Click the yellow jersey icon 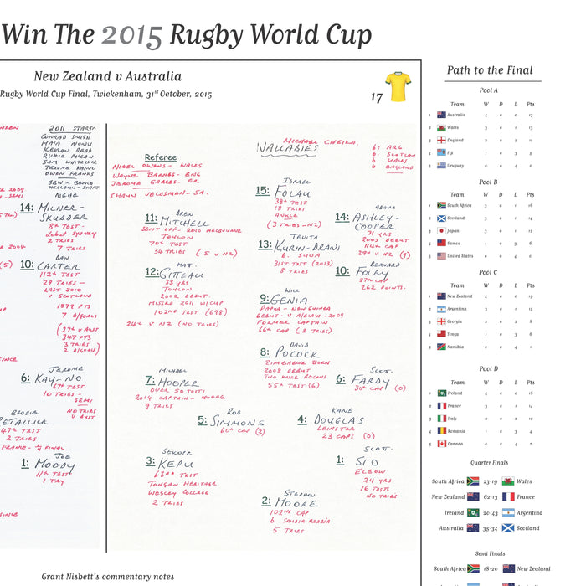[398, 87]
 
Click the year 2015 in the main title [131, 35]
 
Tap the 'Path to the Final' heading [490, 71]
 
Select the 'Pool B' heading [489, 182]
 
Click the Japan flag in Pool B [442, 230]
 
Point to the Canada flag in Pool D [442, 443]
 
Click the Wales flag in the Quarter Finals [508, 481]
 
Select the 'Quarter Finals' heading [489, 463]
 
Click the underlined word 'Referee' [160, 157]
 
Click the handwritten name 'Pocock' [296, 353]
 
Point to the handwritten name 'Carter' [59, 266]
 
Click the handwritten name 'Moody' [54, 465]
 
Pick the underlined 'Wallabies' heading [286, 150]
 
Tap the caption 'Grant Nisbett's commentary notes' [108, 577]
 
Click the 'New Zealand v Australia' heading [107, 76]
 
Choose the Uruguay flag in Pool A [442, 165]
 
